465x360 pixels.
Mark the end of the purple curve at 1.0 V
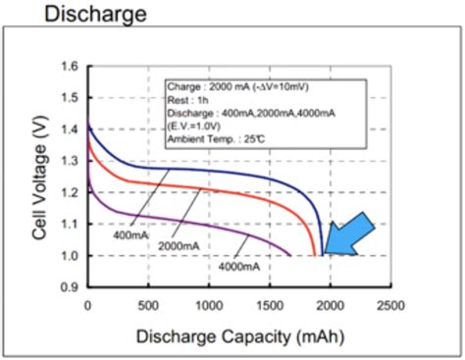(290, 255)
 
